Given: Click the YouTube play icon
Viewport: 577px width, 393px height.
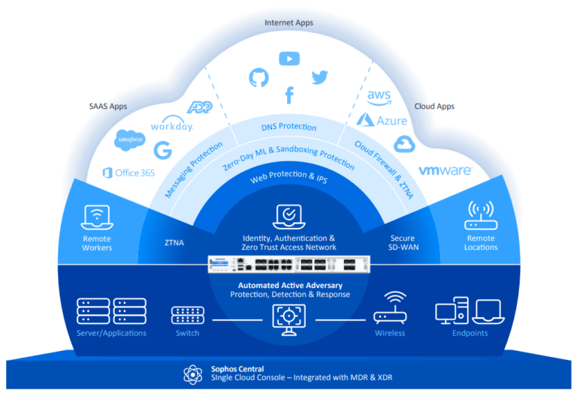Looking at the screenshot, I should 288,58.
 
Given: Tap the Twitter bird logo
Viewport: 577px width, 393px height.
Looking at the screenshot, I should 320,77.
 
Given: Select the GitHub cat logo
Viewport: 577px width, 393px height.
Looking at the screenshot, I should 258,77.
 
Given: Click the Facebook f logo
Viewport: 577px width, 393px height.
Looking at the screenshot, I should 288,95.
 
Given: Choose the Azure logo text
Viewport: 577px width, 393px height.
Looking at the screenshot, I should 382,120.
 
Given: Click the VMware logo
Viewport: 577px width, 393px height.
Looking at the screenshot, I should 445,171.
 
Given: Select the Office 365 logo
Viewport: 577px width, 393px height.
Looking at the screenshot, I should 128,173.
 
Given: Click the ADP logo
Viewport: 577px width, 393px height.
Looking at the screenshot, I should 199,107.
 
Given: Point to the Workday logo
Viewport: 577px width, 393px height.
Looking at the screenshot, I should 172,125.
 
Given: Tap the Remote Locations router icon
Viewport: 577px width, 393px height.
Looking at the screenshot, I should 481,215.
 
